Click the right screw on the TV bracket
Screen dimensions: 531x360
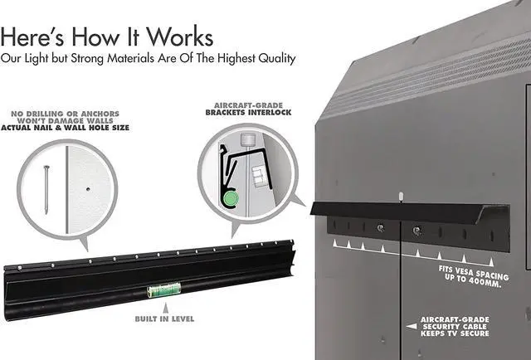point(417,230)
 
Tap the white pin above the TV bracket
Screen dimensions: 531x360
point(399,197)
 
